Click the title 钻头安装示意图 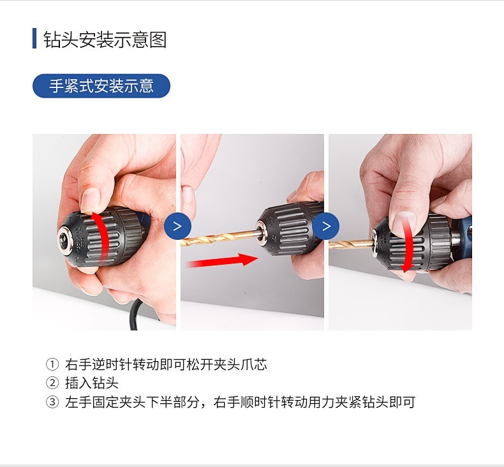tap(105, 40)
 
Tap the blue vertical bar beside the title tap(34, 38)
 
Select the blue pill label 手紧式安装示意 tap(101, 86)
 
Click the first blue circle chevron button tap(177, 226)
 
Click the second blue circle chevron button tap(325, 226)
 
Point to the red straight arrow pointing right tap(222, 260)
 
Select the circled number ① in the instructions tap(52, 364)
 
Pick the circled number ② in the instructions tap(52, 383)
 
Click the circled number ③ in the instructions tap(52, 402)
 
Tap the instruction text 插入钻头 tap(92, 383)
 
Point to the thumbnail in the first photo tap(91, 200)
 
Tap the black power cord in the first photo tap(135, 315)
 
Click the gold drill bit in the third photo tap(352, 245)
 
